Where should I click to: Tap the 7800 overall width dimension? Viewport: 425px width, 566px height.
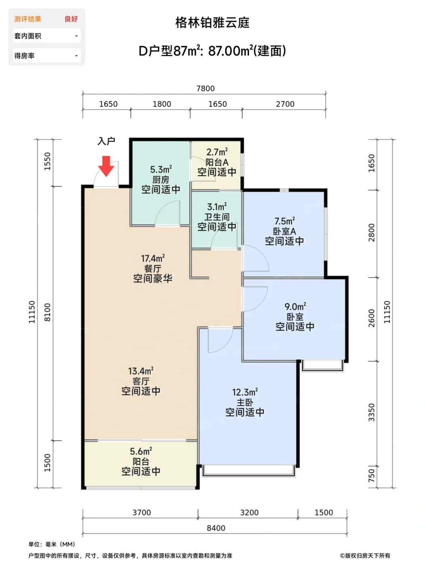(x=205, y=89)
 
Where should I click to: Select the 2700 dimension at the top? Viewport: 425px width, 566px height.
(x=285, y=104)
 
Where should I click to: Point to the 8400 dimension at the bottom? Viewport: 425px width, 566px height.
(x=216, y=528)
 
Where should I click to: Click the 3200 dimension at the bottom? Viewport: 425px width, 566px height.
(x=250, y=512)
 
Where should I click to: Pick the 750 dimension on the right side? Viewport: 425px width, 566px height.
(x=371, y=476)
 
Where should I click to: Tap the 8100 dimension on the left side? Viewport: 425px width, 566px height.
(x=47, y=313)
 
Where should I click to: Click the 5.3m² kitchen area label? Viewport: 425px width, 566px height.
(x=161, y=169)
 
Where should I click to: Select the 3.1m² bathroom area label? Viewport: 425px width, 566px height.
(x=217, y=207)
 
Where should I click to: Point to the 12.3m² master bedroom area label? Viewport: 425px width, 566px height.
(x=245, y=392)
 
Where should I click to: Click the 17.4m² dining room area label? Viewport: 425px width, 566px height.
(x=153, y=258)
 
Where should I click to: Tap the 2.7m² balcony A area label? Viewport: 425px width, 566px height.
(x=217, y=152)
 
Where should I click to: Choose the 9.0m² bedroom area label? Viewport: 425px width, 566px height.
(x=295, y=306)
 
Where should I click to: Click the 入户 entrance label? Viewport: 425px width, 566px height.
(x=106, y=141)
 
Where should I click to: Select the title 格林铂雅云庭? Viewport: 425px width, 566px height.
(x=213, y=23)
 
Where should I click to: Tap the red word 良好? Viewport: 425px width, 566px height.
(x=71, y=19)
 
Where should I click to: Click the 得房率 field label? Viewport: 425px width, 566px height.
(x=24, y=56)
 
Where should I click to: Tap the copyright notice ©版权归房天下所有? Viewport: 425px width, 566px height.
(x=365, y=555)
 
